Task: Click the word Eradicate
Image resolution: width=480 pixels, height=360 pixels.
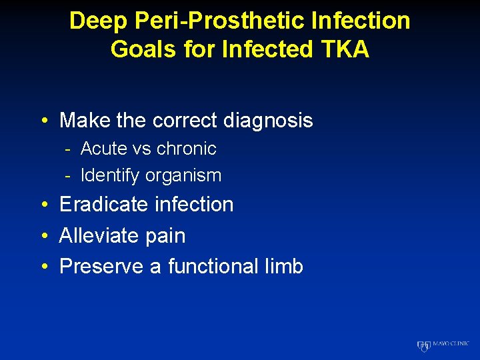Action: (103, 205)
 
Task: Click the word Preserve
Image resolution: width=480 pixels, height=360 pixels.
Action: (102, 267)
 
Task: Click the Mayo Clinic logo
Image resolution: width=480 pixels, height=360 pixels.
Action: (443, 345)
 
